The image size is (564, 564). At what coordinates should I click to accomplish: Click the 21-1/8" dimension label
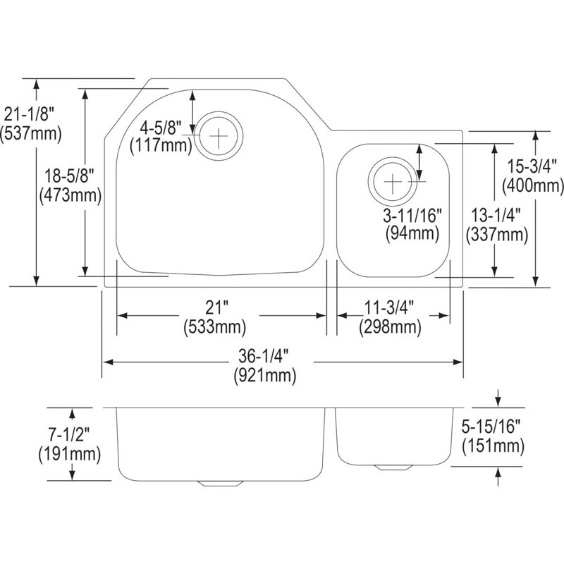coord(29,115)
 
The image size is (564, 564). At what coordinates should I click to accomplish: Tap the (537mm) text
coord(31,134)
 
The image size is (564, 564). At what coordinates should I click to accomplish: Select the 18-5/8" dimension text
coord(69,177)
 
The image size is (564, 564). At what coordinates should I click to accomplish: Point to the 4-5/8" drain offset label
coord(161,128)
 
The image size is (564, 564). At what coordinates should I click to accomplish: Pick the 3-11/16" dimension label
coord(412,216)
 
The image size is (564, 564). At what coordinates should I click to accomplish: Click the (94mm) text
coord(412,234)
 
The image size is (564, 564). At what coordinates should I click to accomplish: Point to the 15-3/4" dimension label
coord(532,167)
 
